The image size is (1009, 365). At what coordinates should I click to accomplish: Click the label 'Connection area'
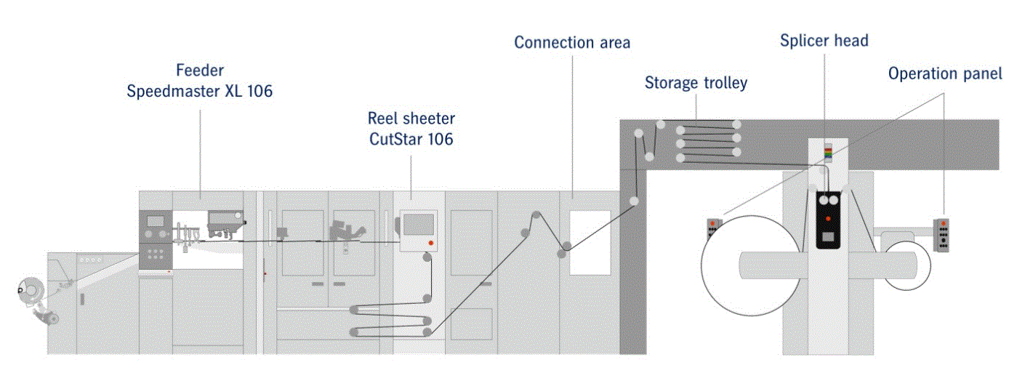(572, 43)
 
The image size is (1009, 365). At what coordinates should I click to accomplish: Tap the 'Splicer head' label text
(824, 41)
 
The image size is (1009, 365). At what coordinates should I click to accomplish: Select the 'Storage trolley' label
(696, 83)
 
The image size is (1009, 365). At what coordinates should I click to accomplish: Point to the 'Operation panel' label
(945, 73)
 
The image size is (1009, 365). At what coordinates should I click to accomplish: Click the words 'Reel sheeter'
(411, 119)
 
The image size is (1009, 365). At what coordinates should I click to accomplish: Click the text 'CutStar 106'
(411, 138)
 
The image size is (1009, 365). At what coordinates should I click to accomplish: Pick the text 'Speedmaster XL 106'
(200, 92)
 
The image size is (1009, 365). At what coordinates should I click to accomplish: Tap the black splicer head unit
(827, 219)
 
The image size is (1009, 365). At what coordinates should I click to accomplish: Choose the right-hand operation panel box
(943, 235)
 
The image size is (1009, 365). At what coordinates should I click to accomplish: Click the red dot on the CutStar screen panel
(431, 243)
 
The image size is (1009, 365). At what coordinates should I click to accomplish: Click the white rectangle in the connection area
(590, 242)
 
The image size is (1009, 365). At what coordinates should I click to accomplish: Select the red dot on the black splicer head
(827, 218)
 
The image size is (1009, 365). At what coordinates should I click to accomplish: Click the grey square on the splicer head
(827, 237)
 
